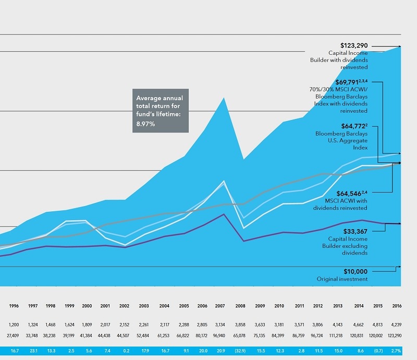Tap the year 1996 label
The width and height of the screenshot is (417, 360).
point(15,307)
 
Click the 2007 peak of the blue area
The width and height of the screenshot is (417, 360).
point(224,98)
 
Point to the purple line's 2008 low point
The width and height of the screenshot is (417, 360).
point(243,241)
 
